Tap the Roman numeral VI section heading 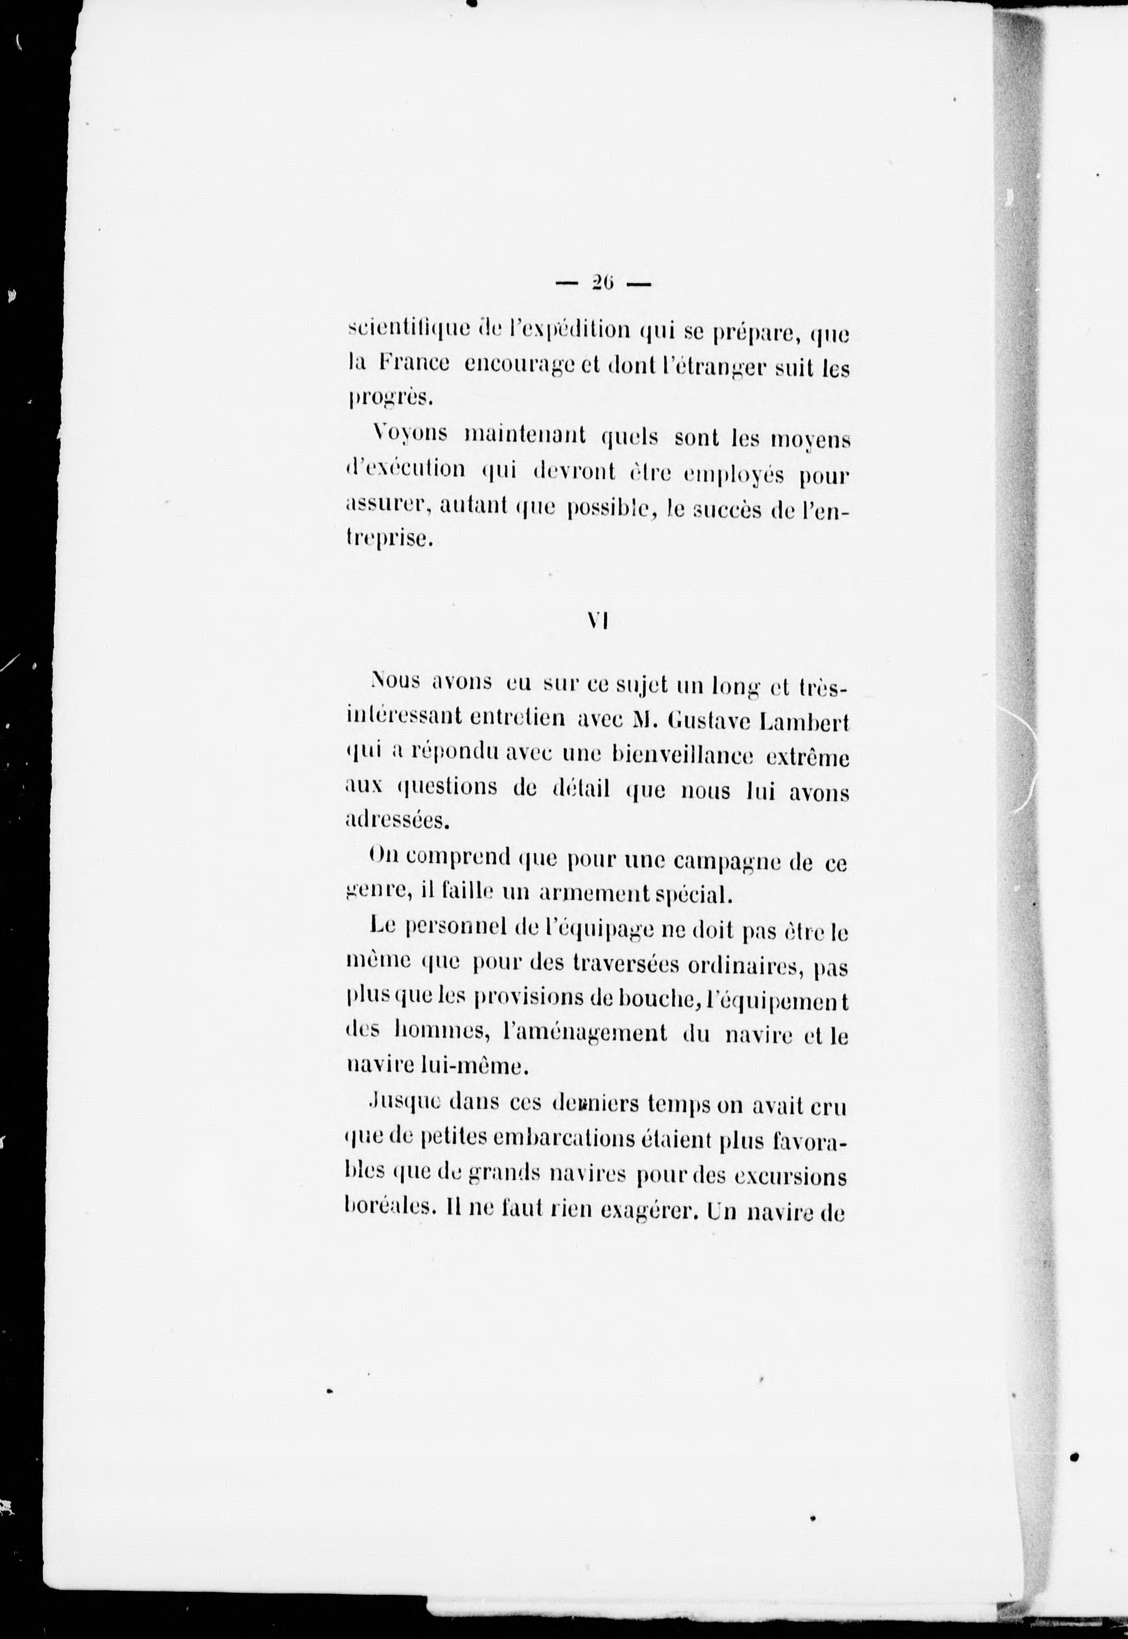tap(598, 621)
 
